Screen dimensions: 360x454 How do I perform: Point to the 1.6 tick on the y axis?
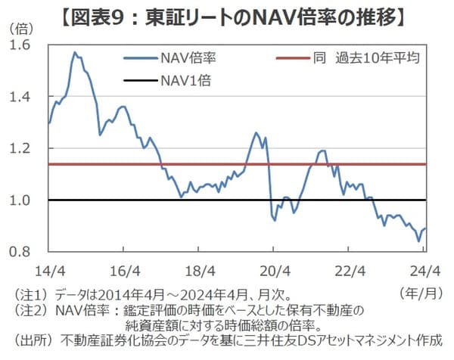coord(30,45)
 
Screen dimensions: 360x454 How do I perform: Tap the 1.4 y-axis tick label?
coord(30,97)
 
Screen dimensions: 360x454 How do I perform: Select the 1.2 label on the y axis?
coord(30,148)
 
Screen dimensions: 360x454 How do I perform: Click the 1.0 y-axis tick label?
coord(30,200)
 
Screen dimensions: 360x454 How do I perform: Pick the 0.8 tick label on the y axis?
coord(30,252)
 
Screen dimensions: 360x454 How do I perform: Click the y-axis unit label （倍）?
coord(23,28)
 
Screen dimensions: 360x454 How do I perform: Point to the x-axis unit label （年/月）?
coord(417,291)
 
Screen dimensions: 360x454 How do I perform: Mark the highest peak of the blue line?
coord(74,52)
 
